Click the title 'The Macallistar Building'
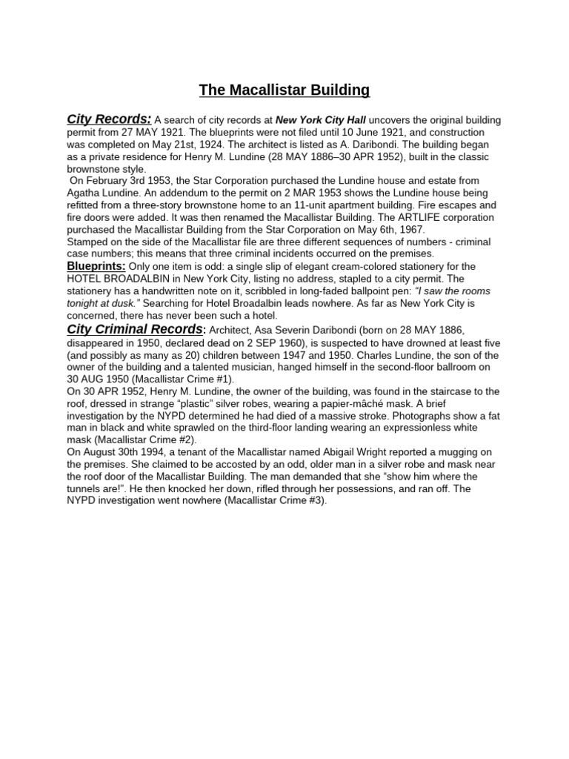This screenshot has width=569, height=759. (x=284, y=90)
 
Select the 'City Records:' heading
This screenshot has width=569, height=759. (x=109, y=119)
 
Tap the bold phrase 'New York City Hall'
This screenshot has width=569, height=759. (x=321, y=120)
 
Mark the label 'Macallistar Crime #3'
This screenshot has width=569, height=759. (x=268, y=500)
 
